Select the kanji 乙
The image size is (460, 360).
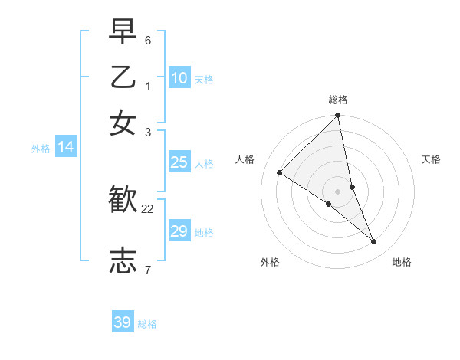pyautogui.click(x=123, y=77)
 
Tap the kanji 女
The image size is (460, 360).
pyautogui.click(x=123, y=123)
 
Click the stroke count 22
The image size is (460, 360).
pyautogui.click(x=148, y=208)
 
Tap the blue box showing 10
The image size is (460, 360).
pyautogui.click(x=179, y=77)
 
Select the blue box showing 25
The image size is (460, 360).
pyautogui.click(x=179, y=162)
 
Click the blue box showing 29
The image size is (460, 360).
pyautogui.click(x=179, y=231)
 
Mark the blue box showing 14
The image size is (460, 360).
pyautogui.click(x=66, y=147)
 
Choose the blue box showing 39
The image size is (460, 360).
pyautogui.click(x=123, y=322)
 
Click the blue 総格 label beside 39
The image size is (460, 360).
pyautogui.click(x=147, y=324)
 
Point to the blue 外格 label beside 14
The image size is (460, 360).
pyautogui.click(x=41, y=149)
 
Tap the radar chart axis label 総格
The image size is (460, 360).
pyautogui.click(x=338, y=100)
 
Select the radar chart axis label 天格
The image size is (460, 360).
pyautogui.click(x=431, y=159)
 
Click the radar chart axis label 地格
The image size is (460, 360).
pyautogui.click(x=402, y=262)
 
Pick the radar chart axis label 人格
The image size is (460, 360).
pyautogui.click(x=245, y=159)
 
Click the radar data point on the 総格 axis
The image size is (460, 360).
pyautogui.click(x=337, y=116)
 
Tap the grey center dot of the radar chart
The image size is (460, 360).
pyautogui.click(x=337, y=191)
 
